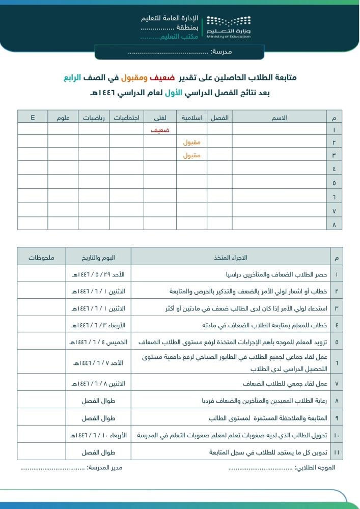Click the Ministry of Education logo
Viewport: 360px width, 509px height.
click(229, 26)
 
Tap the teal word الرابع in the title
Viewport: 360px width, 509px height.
click(74, 78)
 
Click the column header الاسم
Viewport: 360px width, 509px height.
click(280, 118)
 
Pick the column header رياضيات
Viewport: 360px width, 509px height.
click(94, 118)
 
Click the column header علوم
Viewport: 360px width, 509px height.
click(63, 118)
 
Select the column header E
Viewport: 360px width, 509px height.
click(33, 118)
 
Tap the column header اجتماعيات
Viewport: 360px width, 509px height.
click(127, 118)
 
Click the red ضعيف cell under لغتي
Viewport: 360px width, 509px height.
click(160, 130)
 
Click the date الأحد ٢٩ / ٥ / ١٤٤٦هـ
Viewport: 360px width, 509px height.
click(98, 274)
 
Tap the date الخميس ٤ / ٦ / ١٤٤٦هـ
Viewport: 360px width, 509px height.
click(98, 342)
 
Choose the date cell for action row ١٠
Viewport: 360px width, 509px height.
click(98, 435)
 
